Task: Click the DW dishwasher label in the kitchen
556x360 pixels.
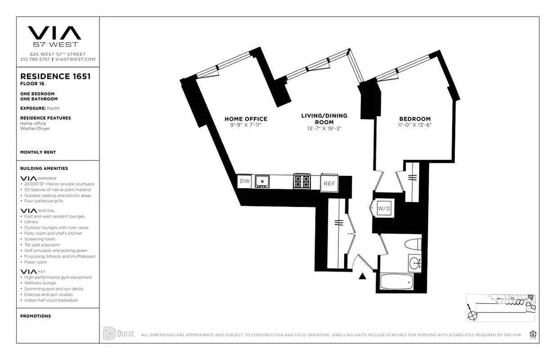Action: pos(244,181)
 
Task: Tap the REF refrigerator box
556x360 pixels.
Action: pos(329,184)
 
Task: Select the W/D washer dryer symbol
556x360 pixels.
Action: pos(384,208)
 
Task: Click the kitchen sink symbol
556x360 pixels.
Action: pos(261,181)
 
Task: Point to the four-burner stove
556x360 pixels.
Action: pos(302,181)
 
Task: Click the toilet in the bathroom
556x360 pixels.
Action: pos(413,245)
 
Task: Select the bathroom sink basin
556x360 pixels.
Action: pos(415,263)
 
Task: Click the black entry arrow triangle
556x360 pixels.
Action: pos(362,276)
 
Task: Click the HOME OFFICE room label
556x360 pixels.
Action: pos(246,119)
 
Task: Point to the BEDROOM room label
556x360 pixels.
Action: pos(415,119)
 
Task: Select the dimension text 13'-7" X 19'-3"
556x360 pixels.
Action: pos(324,128)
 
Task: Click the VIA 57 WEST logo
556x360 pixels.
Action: pos(55,36)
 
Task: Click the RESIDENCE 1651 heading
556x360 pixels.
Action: pos(55,76)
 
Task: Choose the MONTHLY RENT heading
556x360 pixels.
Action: pos(38,153)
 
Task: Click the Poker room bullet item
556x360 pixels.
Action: pos(35,262)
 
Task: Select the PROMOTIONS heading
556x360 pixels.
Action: pos(36,316)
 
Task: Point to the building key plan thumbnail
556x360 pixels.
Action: pos(500,308)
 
